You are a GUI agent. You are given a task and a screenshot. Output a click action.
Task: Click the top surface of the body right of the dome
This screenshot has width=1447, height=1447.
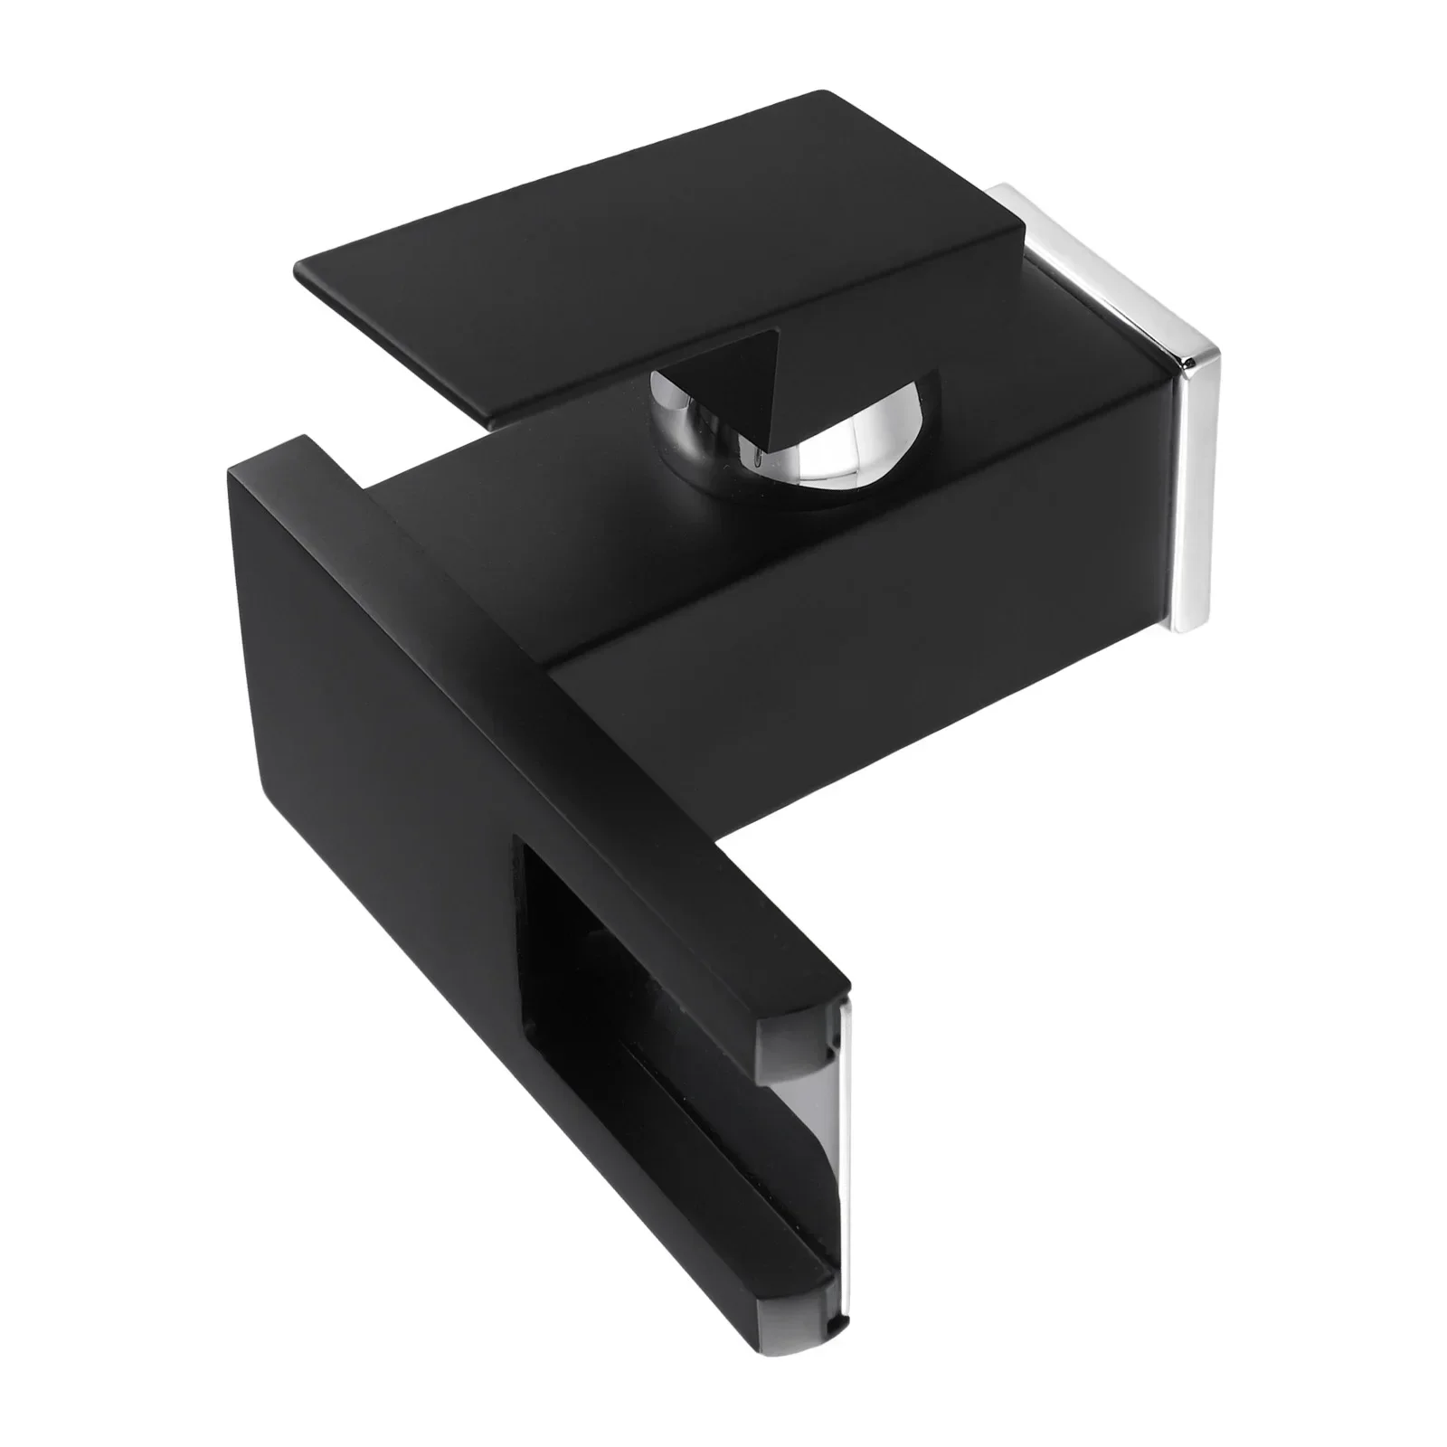coord(1040,425)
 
